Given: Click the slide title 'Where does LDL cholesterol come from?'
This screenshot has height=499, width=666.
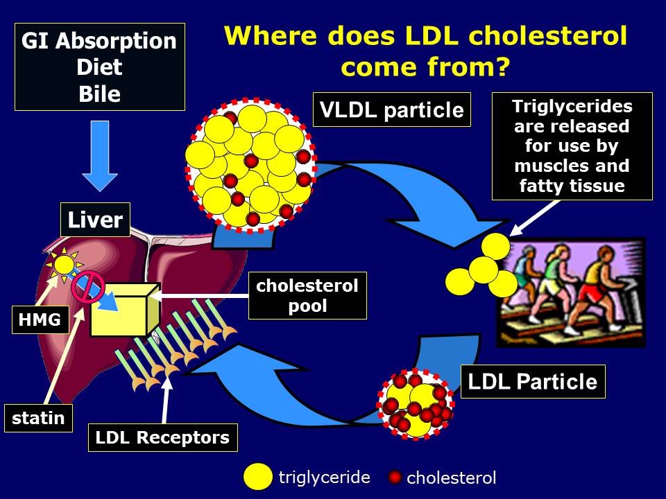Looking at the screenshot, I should click(426, 51).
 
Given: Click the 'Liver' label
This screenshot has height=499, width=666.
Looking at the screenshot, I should click(95, 220).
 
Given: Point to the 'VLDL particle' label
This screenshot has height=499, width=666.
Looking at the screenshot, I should click(391, 110).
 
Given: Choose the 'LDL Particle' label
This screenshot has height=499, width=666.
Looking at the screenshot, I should click(533, 382).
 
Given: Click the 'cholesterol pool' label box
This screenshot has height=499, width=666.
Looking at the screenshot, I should click(307, 296).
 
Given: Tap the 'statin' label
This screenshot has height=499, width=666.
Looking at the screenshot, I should click(38, 418).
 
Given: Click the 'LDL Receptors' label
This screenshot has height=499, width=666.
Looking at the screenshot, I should click(163, 438).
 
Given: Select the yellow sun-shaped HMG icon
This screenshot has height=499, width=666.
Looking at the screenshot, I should click(64, 264).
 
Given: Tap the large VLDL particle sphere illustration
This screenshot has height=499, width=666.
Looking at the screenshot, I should click(251, 165).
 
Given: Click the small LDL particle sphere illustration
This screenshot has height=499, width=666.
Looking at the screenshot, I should click(416, 406).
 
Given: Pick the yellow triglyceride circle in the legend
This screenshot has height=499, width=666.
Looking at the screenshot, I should click(257, 477).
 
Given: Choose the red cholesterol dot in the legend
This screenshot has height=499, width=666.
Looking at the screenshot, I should click(395, 478).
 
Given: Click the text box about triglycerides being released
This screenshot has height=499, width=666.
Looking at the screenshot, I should click(572, 146).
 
